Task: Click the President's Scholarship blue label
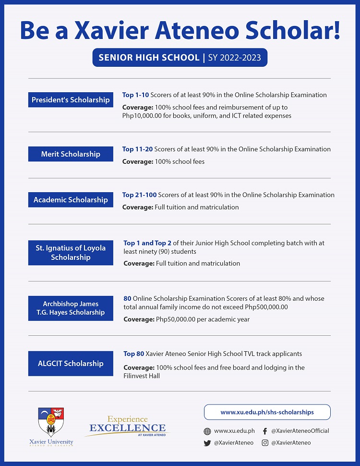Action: pyautogui.click(x=71, y=100)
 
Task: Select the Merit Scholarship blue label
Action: pyautogui.click(x=71, y=154)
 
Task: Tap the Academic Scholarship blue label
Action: pyautogui.click(x=71, y=200)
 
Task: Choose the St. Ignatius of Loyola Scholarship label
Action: pyautogui.click(x=71, y=253)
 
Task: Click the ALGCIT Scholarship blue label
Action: pyautogui.click(x=71, y=363)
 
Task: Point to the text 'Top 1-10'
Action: pyautogui.click(x=135, y=95)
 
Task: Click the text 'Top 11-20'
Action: pyautogui.click(x=137, y=149)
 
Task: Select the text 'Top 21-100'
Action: pyautogui.click(x=139, y=195)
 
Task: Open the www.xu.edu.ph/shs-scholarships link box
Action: pyautogui.click(x=267, y=412)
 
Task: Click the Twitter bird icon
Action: pyautogui.click(x=207, y=443)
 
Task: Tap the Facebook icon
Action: pyautogui.click(x=265, y=431)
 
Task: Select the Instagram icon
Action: pyautogui.click(x=265, y=443)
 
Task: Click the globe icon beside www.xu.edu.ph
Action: pyautogui.click(x=207, y=431)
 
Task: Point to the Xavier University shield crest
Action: pyautogui.click(x=51, y=421)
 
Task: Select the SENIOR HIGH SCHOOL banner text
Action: pyautogui.click(x=149, y=58)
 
